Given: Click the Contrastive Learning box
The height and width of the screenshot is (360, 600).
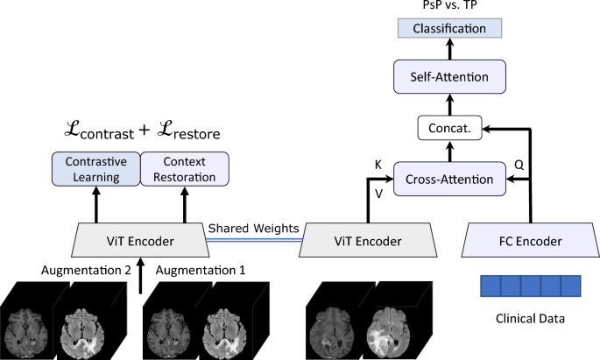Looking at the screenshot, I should pos(95,168).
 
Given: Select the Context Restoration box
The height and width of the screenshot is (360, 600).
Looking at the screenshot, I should pos(184,168).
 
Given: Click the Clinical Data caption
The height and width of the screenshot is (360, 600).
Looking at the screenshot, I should pos(531,320).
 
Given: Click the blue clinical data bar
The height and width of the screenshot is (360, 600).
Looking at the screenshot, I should pos(531,287).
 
